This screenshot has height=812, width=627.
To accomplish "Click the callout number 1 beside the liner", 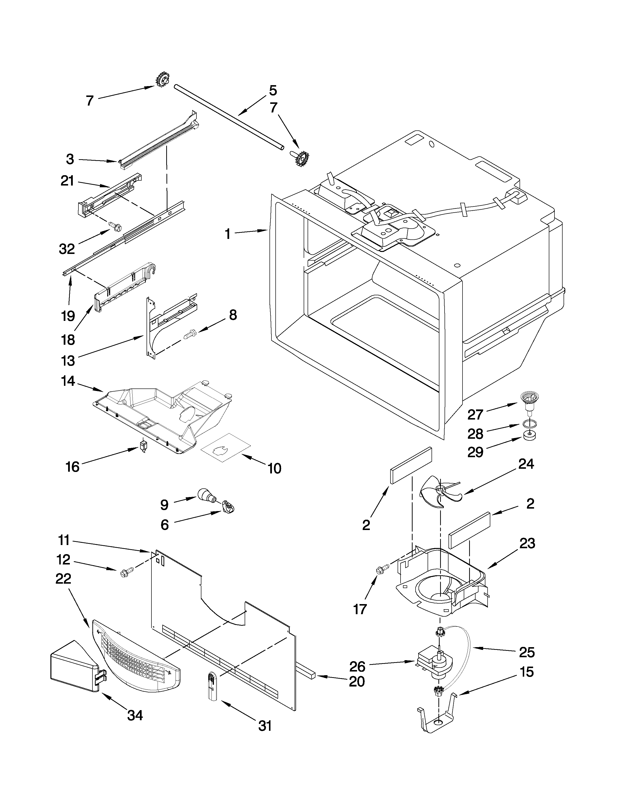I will click(x=227, y=234).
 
